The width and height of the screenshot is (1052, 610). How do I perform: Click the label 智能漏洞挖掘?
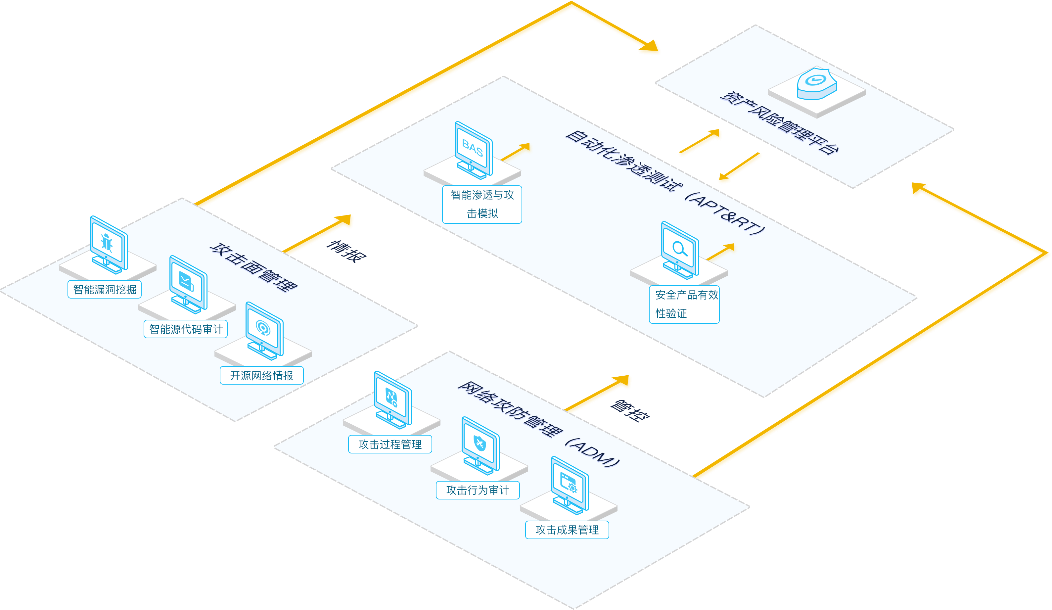[x=104, y=289]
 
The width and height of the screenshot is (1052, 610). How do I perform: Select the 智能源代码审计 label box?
[x=186, y=329]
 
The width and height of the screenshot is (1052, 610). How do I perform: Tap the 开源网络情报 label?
[x=262, y=375]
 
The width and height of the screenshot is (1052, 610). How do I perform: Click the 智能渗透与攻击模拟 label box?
[x=482, y=205]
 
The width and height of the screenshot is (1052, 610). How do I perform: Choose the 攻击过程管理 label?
[x=390, y=444]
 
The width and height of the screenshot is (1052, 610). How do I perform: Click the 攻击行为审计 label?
[x=478, y=490]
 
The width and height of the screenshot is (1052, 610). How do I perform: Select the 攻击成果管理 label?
[x=567, y=530]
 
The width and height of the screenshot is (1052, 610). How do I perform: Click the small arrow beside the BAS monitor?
[x=516, y=152]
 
